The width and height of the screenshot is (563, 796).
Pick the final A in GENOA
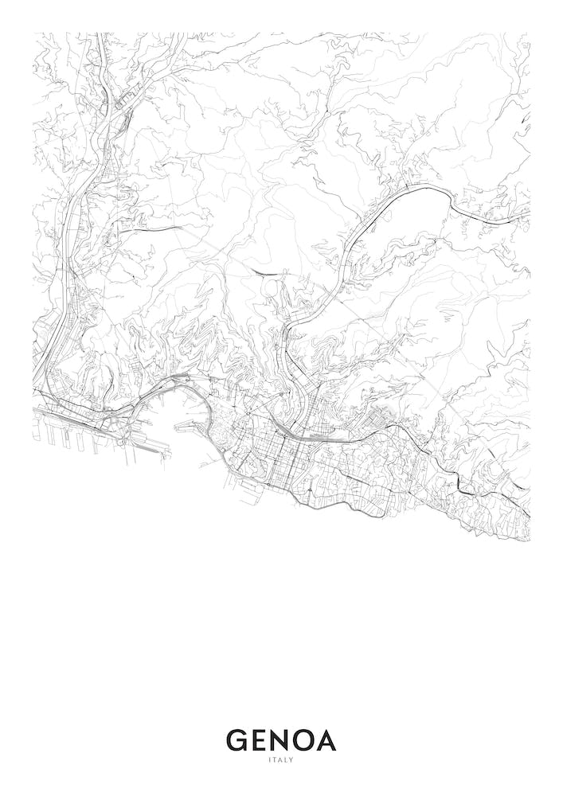[327, 740]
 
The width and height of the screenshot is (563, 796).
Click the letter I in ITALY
[269, 760]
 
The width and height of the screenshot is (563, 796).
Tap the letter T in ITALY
[274, 760]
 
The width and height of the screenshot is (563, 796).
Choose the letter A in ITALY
[280, 760]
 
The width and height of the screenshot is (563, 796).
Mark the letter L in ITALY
[286, 760]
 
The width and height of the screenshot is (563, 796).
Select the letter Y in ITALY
[291, 760]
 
